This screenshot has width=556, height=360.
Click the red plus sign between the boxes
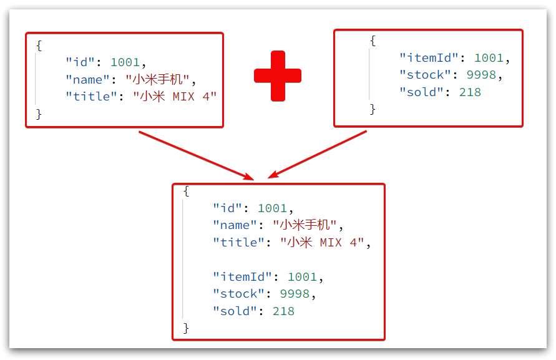278,75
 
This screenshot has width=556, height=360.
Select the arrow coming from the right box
318,154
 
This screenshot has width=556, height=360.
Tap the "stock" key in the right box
425,75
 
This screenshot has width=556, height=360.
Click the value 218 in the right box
470,92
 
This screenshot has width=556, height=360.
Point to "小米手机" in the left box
160,79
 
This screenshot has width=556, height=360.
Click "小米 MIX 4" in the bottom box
321,243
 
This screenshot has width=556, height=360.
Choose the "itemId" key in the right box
429,58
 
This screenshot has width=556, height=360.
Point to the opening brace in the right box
373,41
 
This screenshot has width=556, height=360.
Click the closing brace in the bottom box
186,328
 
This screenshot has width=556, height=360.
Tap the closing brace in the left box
39,114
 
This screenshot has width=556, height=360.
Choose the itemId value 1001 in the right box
489,58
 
